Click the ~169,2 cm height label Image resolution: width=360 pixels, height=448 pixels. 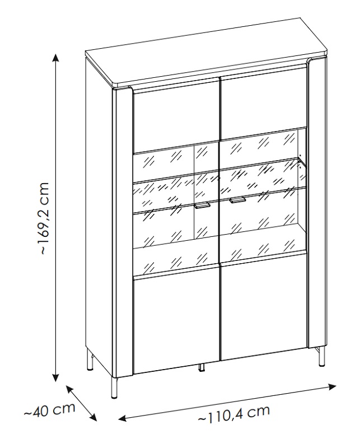point(46,218)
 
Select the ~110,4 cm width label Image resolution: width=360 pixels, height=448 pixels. point(233,413)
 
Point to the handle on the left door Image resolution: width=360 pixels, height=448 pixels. point(202,206)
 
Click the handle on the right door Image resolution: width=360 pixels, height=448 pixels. point(237,200)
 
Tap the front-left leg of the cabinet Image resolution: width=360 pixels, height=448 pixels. point(114,388)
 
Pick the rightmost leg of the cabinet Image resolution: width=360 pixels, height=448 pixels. point(322,356)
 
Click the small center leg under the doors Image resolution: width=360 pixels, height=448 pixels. point(202,368)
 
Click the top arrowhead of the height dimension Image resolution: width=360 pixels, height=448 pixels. point(56,57)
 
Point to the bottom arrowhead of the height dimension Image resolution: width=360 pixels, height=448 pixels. point(56,377)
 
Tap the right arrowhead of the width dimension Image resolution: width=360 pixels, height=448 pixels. point(332,387)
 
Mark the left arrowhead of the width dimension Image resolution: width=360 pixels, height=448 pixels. point(122,418)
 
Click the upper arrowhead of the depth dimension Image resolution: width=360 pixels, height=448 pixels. point(69,389)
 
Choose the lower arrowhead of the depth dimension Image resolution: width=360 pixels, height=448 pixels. point(93,417)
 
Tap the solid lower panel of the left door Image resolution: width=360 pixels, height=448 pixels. point(176,320)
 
